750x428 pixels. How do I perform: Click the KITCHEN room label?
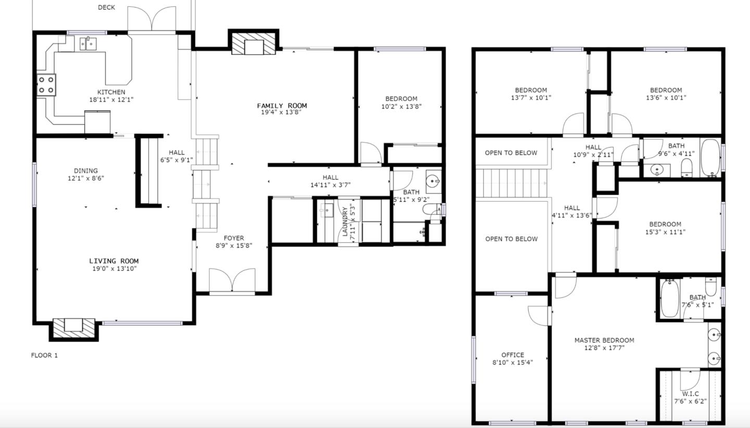[111, 92]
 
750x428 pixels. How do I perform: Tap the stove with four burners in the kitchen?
[46, 85]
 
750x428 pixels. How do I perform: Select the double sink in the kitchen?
[90, 43]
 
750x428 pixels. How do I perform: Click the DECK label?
[106, 7]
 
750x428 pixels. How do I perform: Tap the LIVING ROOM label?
[114, 261]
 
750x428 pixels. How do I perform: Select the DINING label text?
[85, 171]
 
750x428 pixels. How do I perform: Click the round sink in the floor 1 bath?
[433, 181]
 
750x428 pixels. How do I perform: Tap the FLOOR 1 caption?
[44, 356]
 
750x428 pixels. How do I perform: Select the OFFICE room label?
[512, 355]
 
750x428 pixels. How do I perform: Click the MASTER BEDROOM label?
[604, 340]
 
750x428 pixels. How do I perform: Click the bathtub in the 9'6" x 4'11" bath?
[709, 157]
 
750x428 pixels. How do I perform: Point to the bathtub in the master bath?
[669, 299]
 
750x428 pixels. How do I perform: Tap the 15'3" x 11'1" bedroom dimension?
[665, 232]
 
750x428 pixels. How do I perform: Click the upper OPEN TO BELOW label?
[511, 153]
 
